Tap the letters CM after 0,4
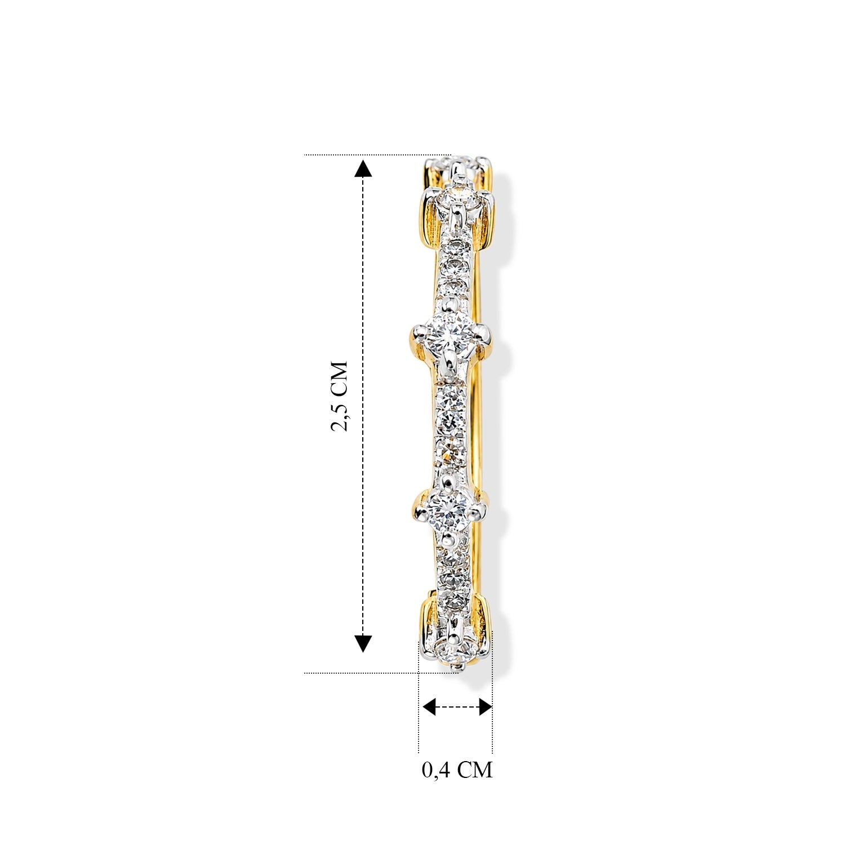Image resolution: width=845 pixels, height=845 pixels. [474, 769]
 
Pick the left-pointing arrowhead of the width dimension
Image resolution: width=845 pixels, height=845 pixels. [430, 706]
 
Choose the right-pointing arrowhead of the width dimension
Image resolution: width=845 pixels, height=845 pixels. [485, 706]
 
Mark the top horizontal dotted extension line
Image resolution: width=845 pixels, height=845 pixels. [377, 154]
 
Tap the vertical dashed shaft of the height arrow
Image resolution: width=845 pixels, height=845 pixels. [363, 406]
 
